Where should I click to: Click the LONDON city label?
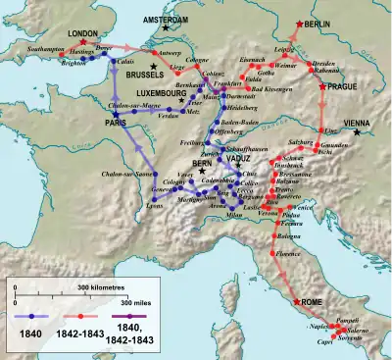83,32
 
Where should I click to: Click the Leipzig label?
287,47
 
